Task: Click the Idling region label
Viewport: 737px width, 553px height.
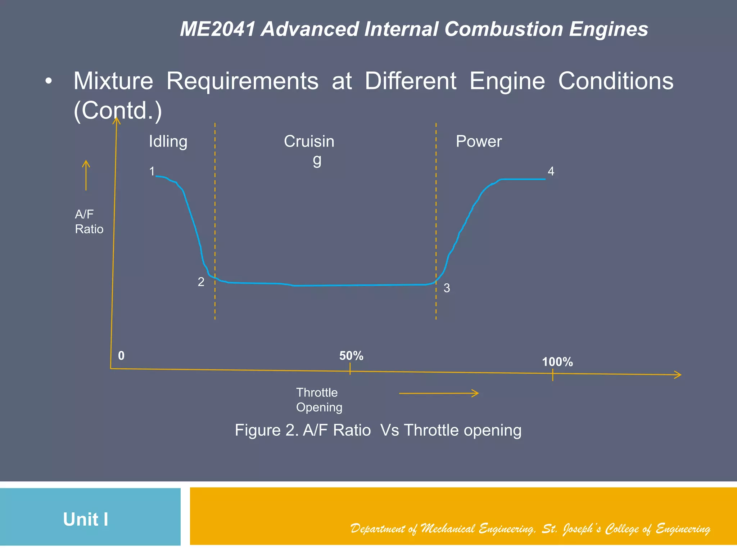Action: click(168, 141)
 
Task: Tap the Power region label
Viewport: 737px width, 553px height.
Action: click(478, 141)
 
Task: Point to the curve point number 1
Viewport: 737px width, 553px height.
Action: click(152, 171)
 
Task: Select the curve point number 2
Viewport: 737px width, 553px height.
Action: click(201, 282)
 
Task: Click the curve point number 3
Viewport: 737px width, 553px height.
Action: click(447, 288)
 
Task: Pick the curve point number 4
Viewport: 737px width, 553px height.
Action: click(551, 171)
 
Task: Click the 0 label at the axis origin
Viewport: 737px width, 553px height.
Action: click(121, 356)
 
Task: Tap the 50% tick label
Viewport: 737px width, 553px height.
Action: click(351, 356)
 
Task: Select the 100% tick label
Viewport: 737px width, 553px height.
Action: click(557, 362)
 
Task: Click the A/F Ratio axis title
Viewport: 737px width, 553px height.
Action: click(89, 222)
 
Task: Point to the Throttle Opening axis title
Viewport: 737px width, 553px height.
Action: click(319, 400)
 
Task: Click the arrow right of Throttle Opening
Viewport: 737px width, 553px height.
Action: click(439, 394)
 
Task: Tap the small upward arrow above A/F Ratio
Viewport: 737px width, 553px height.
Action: click(86, 175)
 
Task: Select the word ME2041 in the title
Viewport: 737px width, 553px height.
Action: click(217, 29)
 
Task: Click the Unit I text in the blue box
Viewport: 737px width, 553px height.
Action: click(86, 519)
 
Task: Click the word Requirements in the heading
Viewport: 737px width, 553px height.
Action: click(242, 81)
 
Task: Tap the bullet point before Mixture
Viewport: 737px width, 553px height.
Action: click(48, 81)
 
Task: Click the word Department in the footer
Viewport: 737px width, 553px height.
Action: click(377, 529)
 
